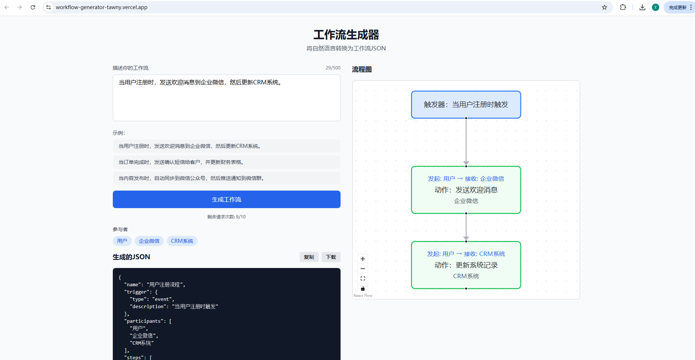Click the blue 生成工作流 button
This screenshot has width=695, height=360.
[226, 199]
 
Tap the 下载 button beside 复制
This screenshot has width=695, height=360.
[331, 257]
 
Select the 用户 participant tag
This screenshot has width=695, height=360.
[122, 241]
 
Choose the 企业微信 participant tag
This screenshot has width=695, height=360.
[149, 241]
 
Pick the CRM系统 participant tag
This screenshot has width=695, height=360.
[182, 241]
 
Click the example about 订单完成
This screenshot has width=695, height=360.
[226, 162]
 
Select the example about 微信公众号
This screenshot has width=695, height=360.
[226, 178]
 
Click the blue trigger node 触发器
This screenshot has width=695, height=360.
[466, 105]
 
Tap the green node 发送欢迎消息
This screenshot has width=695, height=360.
[466, 190]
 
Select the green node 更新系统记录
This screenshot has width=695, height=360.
[466, 265]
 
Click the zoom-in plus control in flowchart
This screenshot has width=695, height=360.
[363, 259]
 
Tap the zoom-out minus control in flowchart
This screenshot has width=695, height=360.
[363, 269]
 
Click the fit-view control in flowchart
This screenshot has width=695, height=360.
[363, 279]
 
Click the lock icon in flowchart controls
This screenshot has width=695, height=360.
[363, 288]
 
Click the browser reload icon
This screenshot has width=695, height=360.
[33, 7]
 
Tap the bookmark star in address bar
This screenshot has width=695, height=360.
[604, 7]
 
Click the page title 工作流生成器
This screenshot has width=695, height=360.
[346, 35]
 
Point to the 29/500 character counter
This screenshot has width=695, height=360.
[333, 68]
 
